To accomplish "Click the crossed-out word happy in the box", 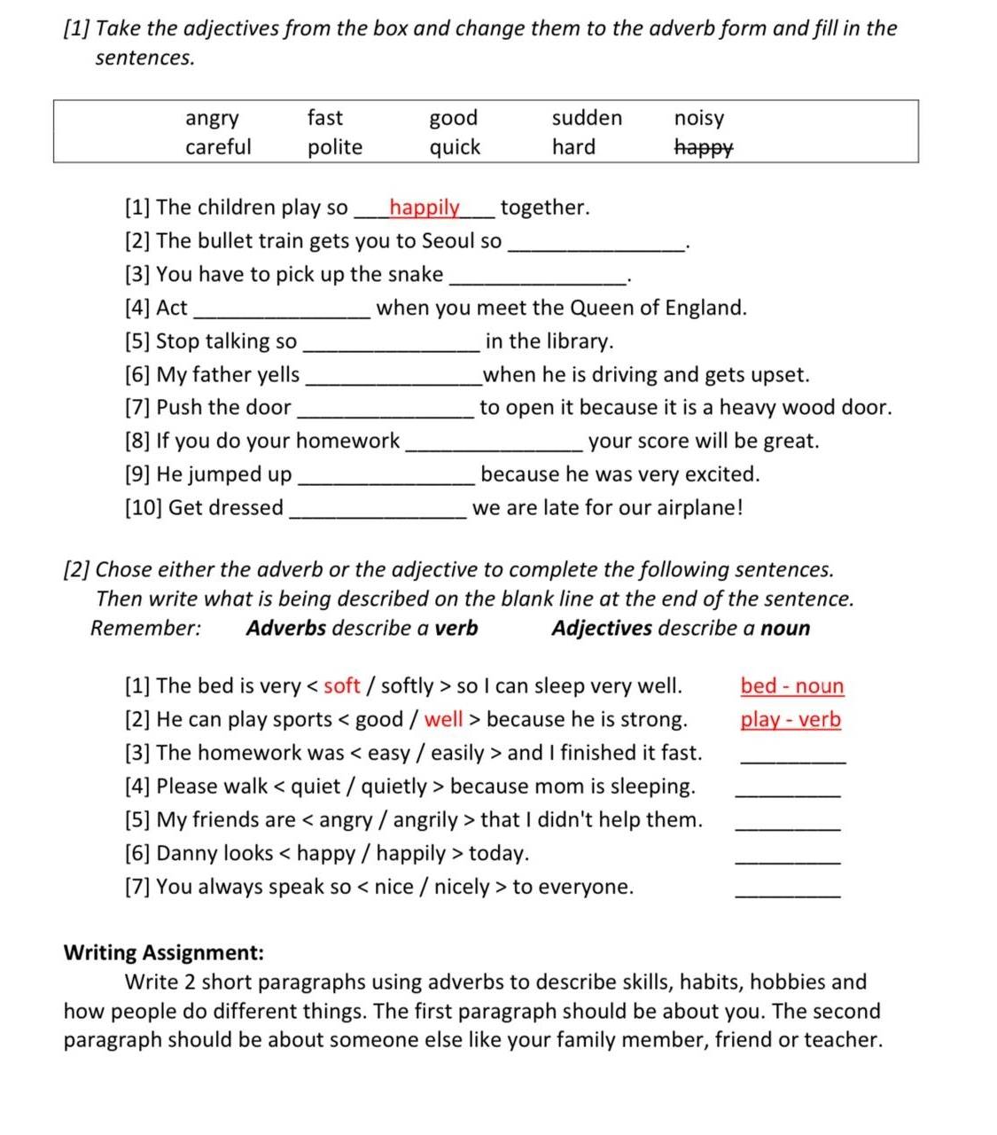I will tap(704, 148).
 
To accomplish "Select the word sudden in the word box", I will tap(587, 118).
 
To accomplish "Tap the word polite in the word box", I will tap(335, 147).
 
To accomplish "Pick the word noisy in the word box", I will tap(699, 118).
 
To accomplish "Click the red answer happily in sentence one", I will tap(425, 207).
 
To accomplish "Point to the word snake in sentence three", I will tap(415, 274).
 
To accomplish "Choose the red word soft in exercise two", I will tap(342, 686).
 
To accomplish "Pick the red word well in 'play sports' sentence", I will tap(443, 719).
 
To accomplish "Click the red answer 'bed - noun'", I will tap(792, 686).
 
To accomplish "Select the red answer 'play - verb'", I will tap(791, 719).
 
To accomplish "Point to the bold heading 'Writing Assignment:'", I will tap(164, 953).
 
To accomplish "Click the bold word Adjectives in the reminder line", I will tap(602, 629).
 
